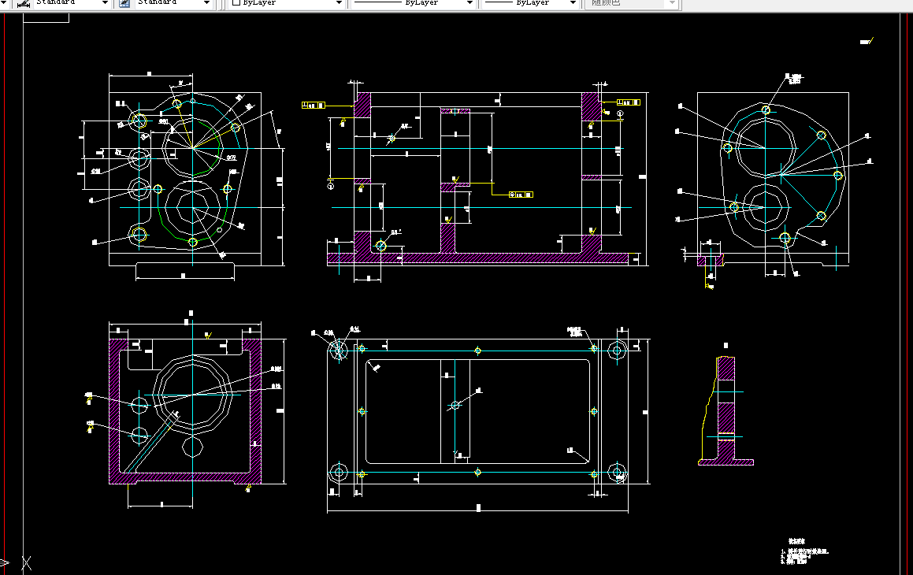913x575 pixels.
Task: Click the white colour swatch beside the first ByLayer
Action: [x=236, y=3]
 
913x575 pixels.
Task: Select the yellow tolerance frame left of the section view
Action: [x=314, y=104]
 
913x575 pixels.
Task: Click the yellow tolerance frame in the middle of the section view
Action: [x=521, y=194]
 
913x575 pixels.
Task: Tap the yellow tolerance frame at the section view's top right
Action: [x=629, y=102]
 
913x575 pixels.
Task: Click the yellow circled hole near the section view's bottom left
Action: [x=381, y=246]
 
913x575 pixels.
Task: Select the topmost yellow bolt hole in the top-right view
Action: [x=766, y=110]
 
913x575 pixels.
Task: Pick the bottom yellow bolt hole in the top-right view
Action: [x=785, y=237]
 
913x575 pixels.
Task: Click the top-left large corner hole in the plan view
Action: [x=339, y=349]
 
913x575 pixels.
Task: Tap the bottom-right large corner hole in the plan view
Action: [x=618, y=473]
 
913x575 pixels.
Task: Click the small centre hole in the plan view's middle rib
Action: [x=455, y=406]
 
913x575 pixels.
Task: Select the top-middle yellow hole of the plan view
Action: [x=478, y=350]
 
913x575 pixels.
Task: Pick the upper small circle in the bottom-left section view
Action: [x=140, y=406]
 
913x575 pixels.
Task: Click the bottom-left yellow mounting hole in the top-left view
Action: [x=139, y=234]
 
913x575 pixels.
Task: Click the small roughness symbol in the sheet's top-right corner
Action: [x=866, y=42]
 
